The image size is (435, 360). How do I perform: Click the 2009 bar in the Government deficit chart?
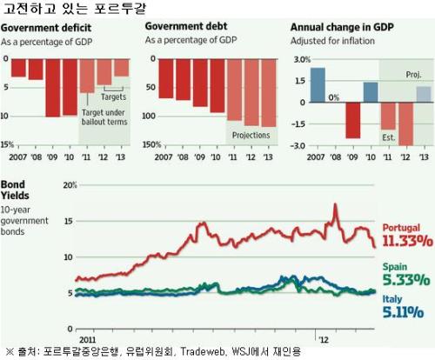point(53,88)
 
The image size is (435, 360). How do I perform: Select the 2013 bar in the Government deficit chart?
point(122,68)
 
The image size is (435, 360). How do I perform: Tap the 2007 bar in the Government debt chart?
point(166,78)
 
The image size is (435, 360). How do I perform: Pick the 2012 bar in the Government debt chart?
point(251,92)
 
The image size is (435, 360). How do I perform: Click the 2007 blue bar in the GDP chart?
point(318,85)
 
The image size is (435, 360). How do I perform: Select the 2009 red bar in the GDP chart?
point(353,120)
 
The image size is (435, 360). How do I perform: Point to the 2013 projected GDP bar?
point(424,94)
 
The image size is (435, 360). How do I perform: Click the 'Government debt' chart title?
point(186,26)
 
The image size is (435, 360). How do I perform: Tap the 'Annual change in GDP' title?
point(342,27)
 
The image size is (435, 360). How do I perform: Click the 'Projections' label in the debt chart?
point(251,135)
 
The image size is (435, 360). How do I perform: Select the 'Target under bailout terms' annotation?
point(104,117)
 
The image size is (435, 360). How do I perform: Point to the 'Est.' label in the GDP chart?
point(389,137)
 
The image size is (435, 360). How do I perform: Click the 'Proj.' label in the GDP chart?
point(413,75)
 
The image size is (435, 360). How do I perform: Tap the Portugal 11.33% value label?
point(407,241)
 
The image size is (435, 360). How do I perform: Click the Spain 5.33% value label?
point(406,280)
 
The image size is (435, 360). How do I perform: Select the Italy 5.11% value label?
point(403,312)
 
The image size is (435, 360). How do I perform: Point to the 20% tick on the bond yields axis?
point(70,185)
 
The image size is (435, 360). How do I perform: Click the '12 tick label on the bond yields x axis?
point(324,339)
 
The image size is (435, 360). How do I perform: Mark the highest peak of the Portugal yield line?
point(335,204)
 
